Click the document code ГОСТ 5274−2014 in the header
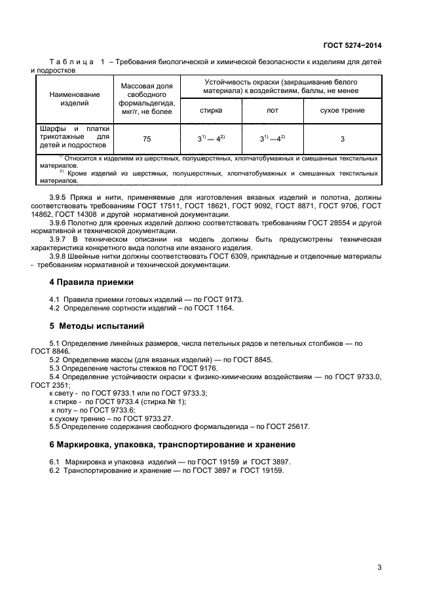352,45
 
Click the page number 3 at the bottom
379,567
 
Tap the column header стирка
210,111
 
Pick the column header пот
272,111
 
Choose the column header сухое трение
342,111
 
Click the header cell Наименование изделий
74,99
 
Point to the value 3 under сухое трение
342,139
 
